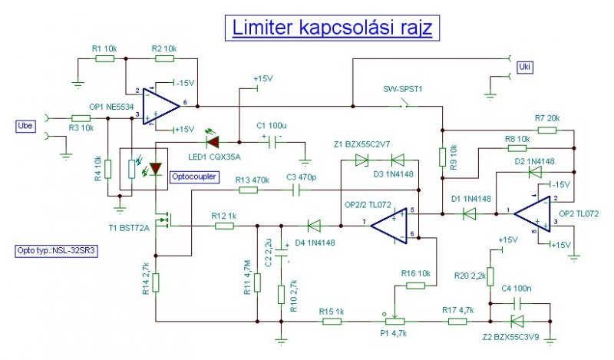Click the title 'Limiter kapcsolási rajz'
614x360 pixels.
[332, 28]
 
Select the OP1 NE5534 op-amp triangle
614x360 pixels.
[161, 106]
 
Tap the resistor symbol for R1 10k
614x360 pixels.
[105, 59]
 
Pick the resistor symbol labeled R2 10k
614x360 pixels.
[164, 59]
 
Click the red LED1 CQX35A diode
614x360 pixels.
[213, 142]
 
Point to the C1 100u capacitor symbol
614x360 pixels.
[272, 142]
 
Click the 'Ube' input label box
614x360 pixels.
[25, 126]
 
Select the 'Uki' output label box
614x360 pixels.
[524, 67]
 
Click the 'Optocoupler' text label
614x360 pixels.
[194, 177]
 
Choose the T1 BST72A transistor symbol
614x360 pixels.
[163, 220]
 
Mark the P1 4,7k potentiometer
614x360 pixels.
[394, 321]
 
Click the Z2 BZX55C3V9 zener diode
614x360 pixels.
[517, 321]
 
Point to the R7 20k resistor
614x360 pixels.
[547, 130]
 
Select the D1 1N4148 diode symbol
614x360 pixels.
[469, 214]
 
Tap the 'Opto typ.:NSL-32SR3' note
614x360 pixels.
[56, 251]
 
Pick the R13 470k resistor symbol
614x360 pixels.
[248, 190]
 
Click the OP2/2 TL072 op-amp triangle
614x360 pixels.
[389, 226]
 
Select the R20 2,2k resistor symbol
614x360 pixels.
[490, 277]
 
